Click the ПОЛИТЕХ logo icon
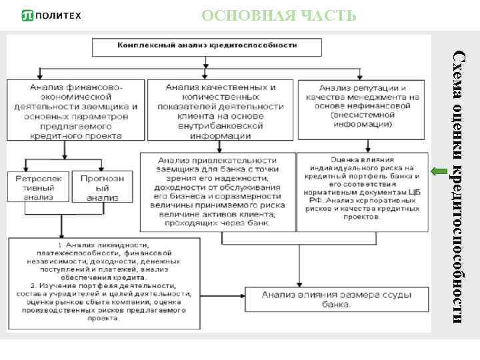(x=29, y=15)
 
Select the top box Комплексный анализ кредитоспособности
(x=207, y=47)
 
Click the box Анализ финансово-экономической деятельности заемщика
(x=76, y=111)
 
